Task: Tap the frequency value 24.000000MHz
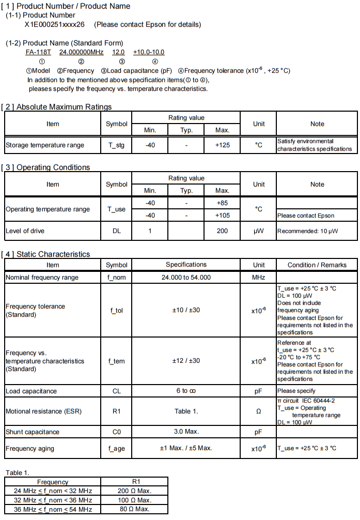82,52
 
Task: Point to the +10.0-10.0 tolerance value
149,52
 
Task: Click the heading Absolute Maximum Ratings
64,107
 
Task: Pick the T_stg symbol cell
116,145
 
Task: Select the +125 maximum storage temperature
222,145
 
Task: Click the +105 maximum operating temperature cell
222,216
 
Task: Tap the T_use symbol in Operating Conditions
116,209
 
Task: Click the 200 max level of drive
222,231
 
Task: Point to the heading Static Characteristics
53,254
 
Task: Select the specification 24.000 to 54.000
186,278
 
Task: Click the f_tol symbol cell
116,311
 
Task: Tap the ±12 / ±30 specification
186,361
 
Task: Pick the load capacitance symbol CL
116,391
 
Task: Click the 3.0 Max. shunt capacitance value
186,432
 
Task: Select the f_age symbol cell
116,448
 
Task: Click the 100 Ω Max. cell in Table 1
134,500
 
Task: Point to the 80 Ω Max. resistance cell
134,509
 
